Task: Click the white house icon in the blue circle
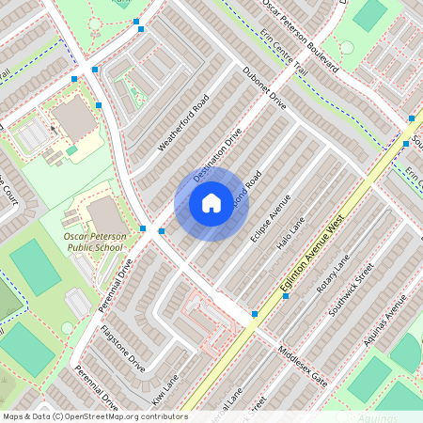pyautogui.click(x=211, y=202)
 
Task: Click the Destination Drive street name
pyautogui.click(x=217, y=155)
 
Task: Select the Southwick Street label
pyautogui.click(x=352, y=288)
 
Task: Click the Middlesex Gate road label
pyautogui.click(x=302, y=367)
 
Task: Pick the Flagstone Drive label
pyautogui.click(x=123, y=348)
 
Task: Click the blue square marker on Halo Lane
pyautogui.click(x=287, y=295)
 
